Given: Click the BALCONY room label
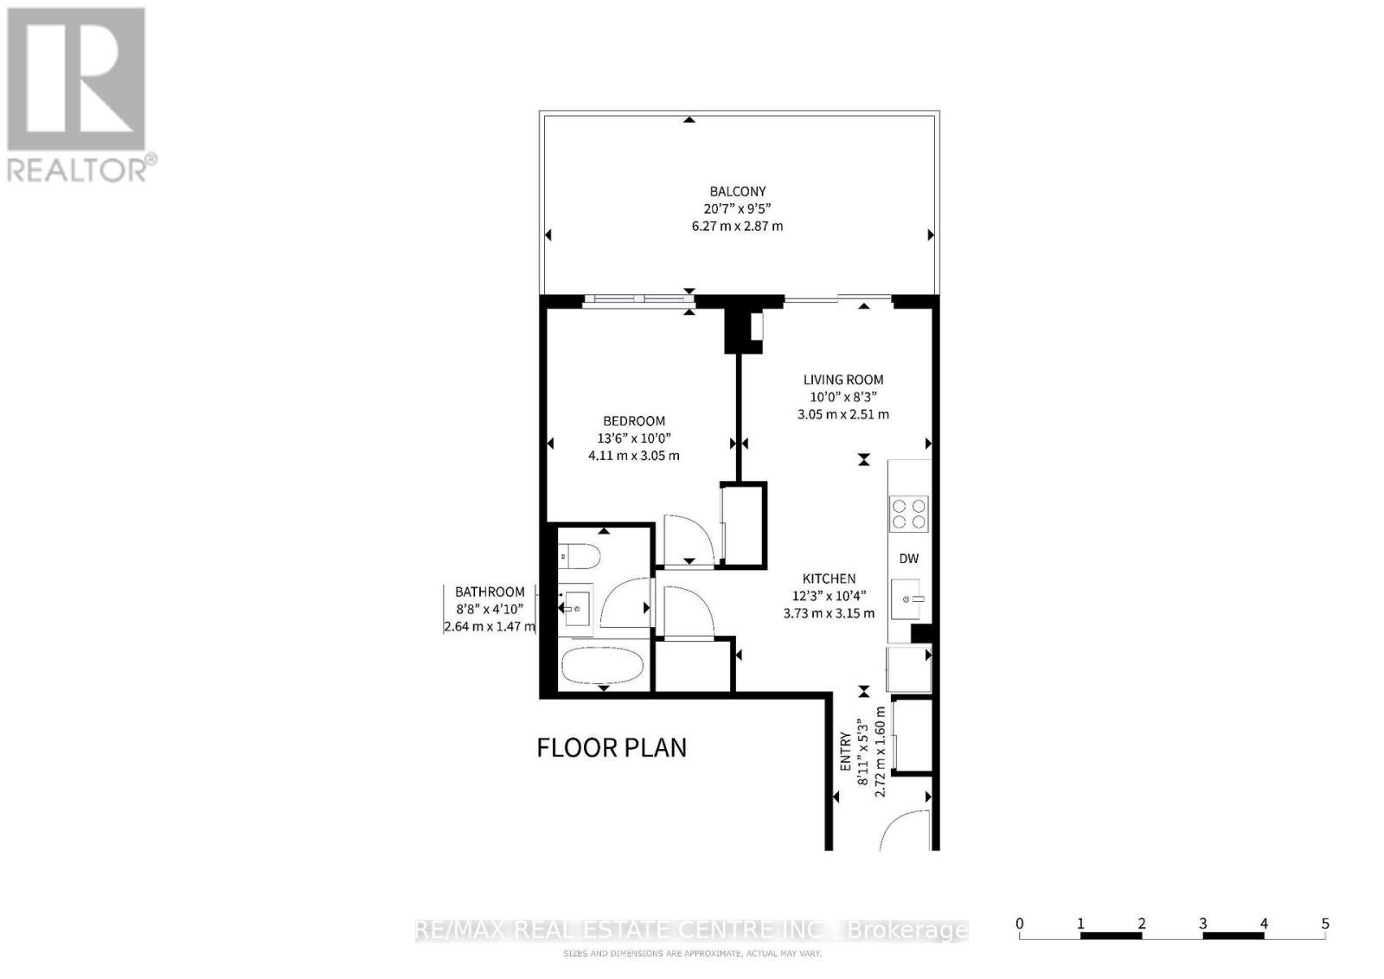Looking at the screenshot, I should (737, 191).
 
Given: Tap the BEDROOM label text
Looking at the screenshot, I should (634, 421).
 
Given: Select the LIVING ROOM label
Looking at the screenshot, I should (843, 380).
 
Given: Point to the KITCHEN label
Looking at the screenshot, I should (829, 579).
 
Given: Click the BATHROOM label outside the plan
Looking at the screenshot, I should (490, 592).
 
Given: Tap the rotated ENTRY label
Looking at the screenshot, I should (846, 752).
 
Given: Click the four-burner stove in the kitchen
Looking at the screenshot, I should (909, 513).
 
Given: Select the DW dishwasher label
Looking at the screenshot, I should (908, 559).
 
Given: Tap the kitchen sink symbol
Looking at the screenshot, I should (910, 598).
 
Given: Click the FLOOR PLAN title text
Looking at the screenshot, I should (612, 747).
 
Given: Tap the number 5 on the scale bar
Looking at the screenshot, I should (1325, 924).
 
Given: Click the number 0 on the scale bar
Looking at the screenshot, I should (1020, 924).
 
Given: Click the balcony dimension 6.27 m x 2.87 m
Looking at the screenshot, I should (737, 227).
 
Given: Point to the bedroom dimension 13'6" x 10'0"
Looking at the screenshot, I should (634, 438).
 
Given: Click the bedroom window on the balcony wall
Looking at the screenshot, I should (638, 299).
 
